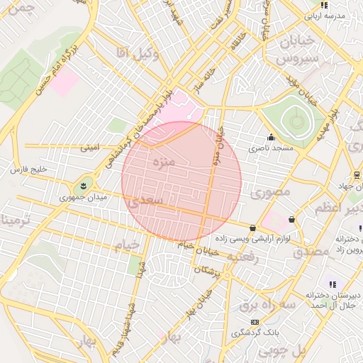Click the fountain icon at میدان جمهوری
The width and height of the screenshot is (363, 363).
84,185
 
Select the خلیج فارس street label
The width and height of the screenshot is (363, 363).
28,169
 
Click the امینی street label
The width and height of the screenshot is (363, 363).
90,148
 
